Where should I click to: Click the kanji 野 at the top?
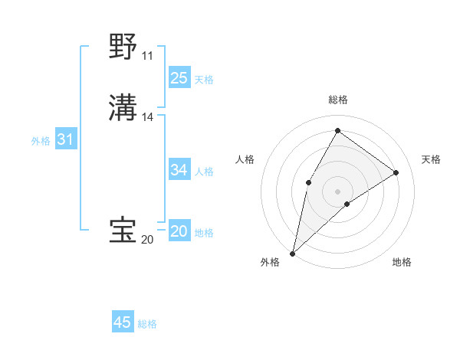123,47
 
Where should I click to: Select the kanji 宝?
123,231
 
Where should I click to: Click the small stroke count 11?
147,56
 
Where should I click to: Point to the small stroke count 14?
148,117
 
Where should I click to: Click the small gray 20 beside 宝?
147,240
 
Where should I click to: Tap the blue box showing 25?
179,77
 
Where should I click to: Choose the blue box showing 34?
179,170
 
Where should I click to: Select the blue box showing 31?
65,139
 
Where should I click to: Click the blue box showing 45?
123,322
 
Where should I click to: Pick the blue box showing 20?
179,231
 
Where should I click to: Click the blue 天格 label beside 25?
204,80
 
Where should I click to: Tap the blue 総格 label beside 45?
147,325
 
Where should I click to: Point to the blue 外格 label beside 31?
41,141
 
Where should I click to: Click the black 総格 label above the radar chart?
337,100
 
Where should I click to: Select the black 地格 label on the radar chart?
402,262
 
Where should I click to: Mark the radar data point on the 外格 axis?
292,253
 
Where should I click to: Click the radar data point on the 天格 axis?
396,172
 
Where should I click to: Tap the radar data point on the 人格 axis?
308,182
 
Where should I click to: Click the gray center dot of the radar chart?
337,191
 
